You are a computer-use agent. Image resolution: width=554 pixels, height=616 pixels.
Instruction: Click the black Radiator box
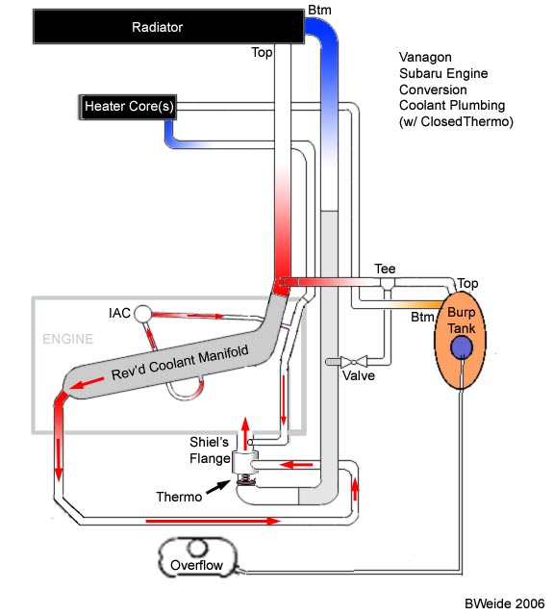coord(168,26)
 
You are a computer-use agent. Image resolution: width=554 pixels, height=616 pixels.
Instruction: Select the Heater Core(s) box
coord(128,107)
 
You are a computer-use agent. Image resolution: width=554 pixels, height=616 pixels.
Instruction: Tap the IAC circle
coord(143,314)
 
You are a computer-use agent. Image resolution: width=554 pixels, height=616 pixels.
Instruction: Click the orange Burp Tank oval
coord(460,340)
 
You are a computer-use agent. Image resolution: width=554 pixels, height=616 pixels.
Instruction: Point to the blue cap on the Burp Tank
coord(462,347)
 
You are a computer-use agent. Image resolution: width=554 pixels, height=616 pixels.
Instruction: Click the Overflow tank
coord(197,557)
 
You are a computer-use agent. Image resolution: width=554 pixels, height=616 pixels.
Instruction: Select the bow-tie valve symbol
coord(354,362)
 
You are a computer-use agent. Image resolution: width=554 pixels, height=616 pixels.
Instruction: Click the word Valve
coord(359,375)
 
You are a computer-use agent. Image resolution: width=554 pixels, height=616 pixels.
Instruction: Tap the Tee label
coord(385,269)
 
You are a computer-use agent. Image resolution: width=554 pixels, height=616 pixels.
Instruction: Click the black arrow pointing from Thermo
coord(218,487)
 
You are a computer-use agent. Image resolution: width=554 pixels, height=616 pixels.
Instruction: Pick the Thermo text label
coord(179,497)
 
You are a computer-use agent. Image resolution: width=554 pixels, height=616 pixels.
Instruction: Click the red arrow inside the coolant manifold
coord(88,383)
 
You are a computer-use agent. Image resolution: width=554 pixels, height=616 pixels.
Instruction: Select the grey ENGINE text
coord(68,339)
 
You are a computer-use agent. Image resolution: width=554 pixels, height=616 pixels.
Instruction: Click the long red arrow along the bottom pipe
coord(214,522)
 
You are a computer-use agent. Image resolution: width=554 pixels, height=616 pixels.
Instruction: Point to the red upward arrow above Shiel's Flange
coord(245,433)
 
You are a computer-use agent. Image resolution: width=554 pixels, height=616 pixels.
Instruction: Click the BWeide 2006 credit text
coord(505,603)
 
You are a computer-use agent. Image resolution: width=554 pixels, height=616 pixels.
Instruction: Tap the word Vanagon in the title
coord(425,58)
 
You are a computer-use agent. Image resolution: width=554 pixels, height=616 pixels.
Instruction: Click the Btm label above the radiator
coord(319,10)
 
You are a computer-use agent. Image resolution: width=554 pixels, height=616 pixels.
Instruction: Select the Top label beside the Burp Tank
coord(467,283)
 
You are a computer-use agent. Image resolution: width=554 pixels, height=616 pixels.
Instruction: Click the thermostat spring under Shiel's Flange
coord(245,479)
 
